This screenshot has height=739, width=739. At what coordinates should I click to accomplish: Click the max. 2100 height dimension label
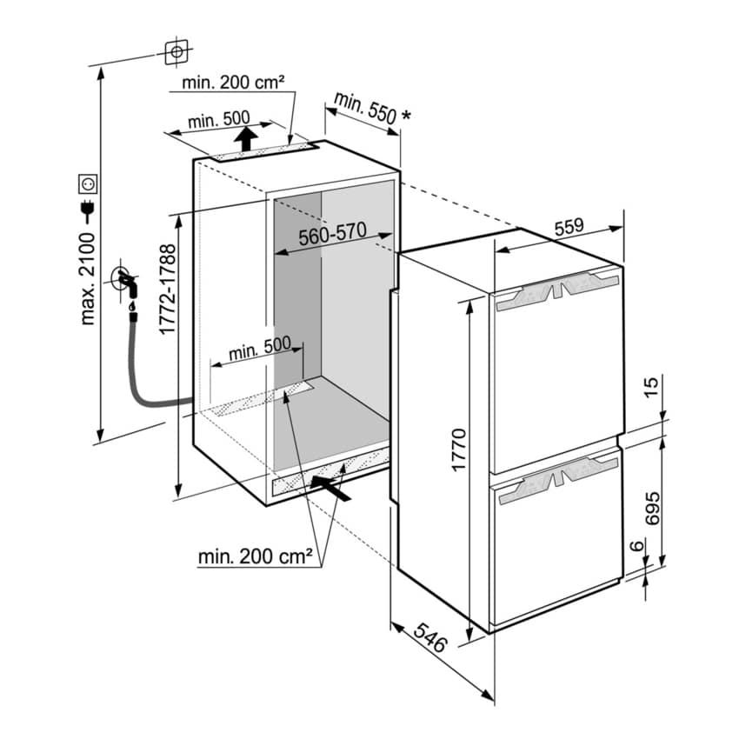pyautogui.click(x=88, y=276)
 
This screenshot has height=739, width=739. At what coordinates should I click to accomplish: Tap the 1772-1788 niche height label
pyautogui.click(x=168, y=290)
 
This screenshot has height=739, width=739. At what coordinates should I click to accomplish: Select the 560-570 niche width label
pyautogui.click(x=333, y=235)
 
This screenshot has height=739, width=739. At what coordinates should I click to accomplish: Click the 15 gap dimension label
pyautogui.click(x=654, y=386)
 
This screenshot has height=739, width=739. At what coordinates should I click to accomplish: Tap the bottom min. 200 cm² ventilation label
pyautogui.click(x=255, y=556)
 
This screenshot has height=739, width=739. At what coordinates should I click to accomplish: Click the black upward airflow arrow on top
pyautogui.click(x=247, y=137)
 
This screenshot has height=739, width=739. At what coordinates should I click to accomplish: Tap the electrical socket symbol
pyautogui.click(x=88, y=183)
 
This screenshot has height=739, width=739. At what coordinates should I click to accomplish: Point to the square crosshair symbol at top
pyautogui.click(x=176, y=52)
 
